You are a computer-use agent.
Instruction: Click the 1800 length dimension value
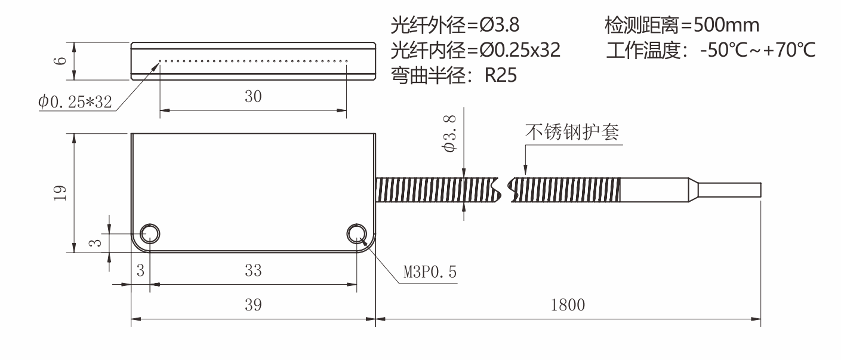click(x=568, y=305)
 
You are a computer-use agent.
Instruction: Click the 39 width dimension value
click(x=253, y=305)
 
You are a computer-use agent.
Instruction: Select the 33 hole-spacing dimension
click(x=253, y=270)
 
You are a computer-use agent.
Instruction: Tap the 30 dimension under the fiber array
click(x=253, y=97)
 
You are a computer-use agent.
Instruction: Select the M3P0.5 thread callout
click(x=429, y=272)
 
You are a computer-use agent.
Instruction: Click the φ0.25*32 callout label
click(x=75, y=102)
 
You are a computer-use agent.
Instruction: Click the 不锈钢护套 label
click(x=572, y=133)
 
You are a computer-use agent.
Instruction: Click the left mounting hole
click(x=149, y=234)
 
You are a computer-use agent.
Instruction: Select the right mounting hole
click(x=358, y=234)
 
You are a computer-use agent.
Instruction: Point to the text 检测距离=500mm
click(x=682, y=25)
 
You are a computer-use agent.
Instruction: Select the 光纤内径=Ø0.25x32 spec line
click(x=475, y=50)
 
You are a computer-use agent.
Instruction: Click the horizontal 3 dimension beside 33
click(x=140, y=270)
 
